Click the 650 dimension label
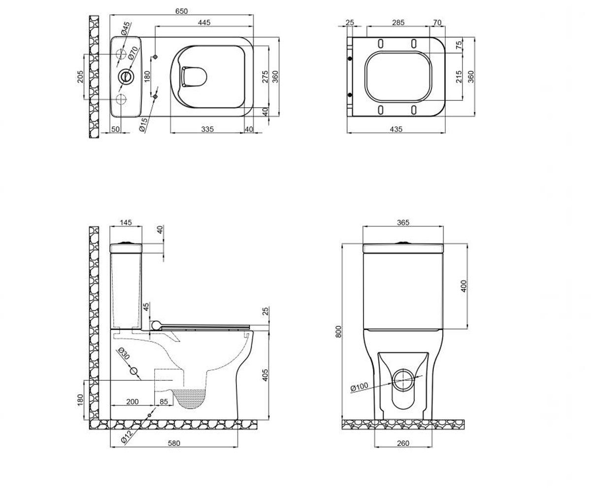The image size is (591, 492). [x=181, y=11]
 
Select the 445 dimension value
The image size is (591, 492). [x=204, y=22]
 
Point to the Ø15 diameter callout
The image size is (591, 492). [x=143, y=124]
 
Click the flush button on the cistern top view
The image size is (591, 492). [x=125, y=77]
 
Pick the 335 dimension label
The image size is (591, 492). [x=207, y=129]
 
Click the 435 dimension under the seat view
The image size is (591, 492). [x=396, y=129]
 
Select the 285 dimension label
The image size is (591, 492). [x=398, y=22]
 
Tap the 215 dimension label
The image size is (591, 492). [x=459, y=77]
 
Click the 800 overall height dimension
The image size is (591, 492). [x=338, y=332]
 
